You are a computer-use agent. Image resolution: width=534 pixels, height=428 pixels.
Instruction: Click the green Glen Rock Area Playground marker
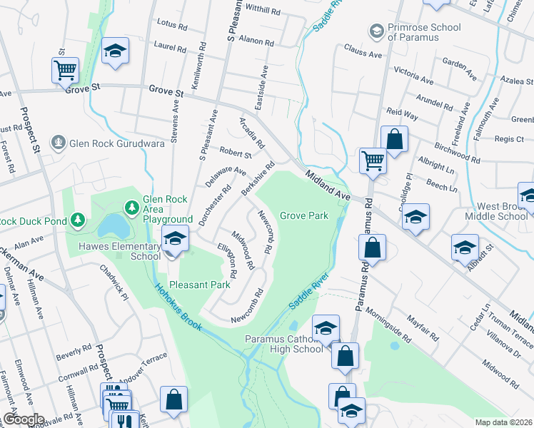click(131, 208)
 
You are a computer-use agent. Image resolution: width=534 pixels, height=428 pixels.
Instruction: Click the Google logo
click(24, 419)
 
